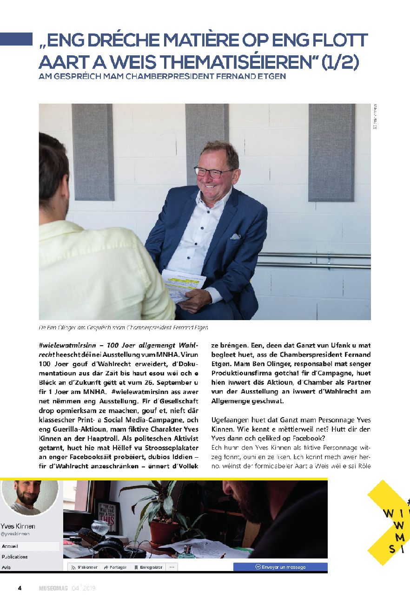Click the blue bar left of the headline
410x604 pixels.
(x=16, y=39)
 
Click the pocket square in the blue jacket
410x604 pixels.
(x=235, y=236)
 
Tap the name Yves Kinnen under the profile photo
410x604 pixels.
(x=19, y=526)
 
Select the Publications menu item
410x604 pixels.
(x=14, y=557)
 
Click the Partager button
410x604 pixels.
(x=116, y=567)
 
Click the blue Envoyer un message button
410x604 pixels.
(x=280, y=567)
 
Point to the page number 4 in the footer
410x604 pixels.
(x=20, y=588)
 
